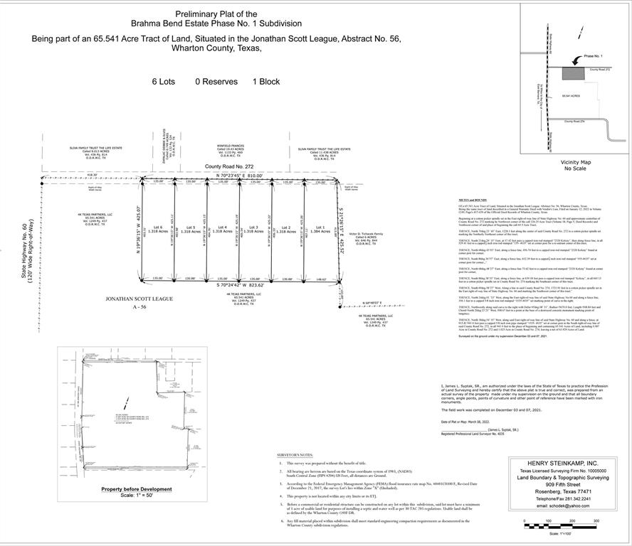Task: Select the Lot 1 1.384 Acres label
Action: [x=318, y=230]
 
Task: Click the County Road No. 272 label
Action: [x=229, y=167]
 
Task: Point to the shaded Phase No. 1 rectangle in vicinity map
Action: [x=572, y=73]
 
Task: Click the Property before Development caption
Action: [x=137, y=489]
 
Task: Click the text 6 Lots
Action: [x=163, y=82]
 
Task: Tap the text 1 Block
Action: [x=265, y=82]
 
